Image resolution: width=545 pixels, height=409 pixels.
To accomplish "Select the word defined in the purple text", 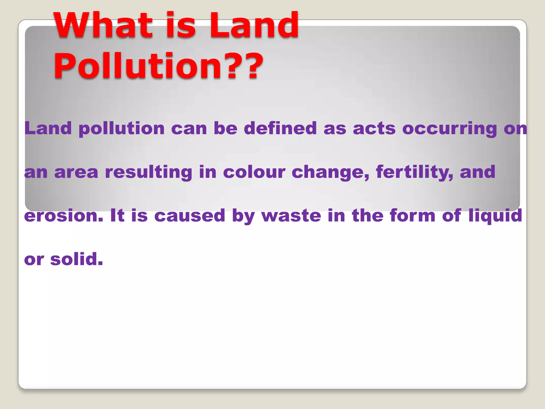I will pyautogui.click(x=280, y=128).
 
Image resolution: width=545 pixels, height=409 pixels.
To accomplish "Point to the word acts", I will pyautogui.click(x=374, y=128).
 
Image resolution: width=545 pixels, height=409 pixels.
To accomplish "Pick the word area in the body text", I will pyautogui.click(x=76, y=172).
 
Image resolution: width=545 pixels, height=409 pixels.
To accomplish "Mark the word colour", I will pyautogui.click(x=254, y=172).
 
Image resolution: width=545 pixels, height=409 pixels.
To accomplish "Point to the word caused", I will pyautogui.click(x=190, y=216).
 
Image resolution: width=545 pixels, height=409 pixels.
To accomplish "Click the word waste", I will pyautogui.click(x=291, y=216).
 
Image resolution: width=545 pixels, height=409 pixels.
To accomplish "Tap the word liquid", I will pyautogui.click(x=496, y=216).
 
